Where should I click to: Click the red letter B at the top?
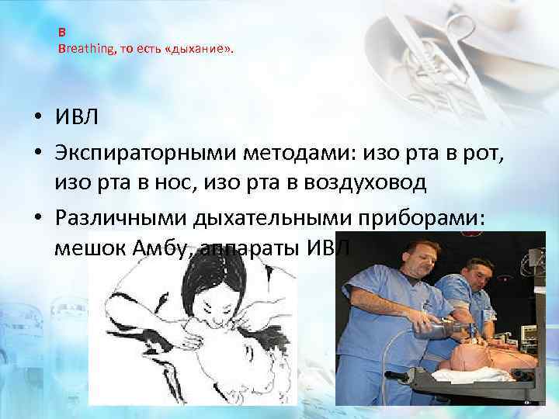click(62, 34)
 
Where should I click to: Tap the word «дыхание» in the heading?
click(198, 49)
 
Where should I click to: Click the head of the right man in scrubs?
click(475, 276)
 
